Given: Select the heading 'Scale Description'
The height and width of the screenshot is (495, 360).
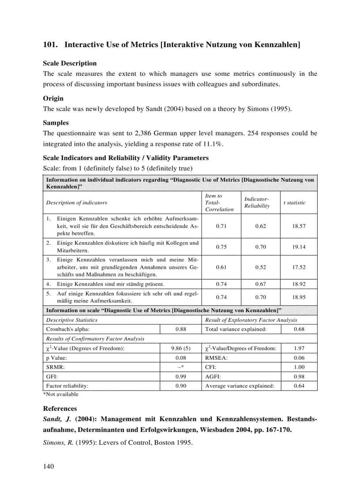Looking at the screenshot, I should point(69,63).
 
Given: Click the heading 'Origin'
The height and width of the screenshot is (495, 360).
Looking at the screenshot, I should point(53,99).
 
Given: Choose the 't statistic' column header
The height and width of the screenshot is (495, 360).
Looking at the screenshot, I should point(294,202).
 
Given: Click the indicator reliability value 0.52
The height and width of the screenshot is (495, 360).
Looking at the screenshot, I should point(261,267).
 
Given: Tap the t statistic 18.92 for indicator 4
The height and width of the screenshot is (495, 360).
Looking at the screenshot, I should point(299,285).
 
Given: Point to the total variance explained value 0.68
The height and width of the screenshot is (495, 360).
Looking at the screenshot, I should point(299,329).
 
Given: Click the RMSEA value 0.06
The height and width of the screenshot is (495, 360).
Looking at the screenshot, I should point(299,358).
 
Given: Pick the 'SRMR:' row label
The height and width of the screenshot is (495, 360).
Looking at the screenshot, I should point(54,367).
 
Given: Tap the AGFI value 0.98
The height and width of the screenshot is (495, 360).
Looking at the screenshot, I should point(299,376).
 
